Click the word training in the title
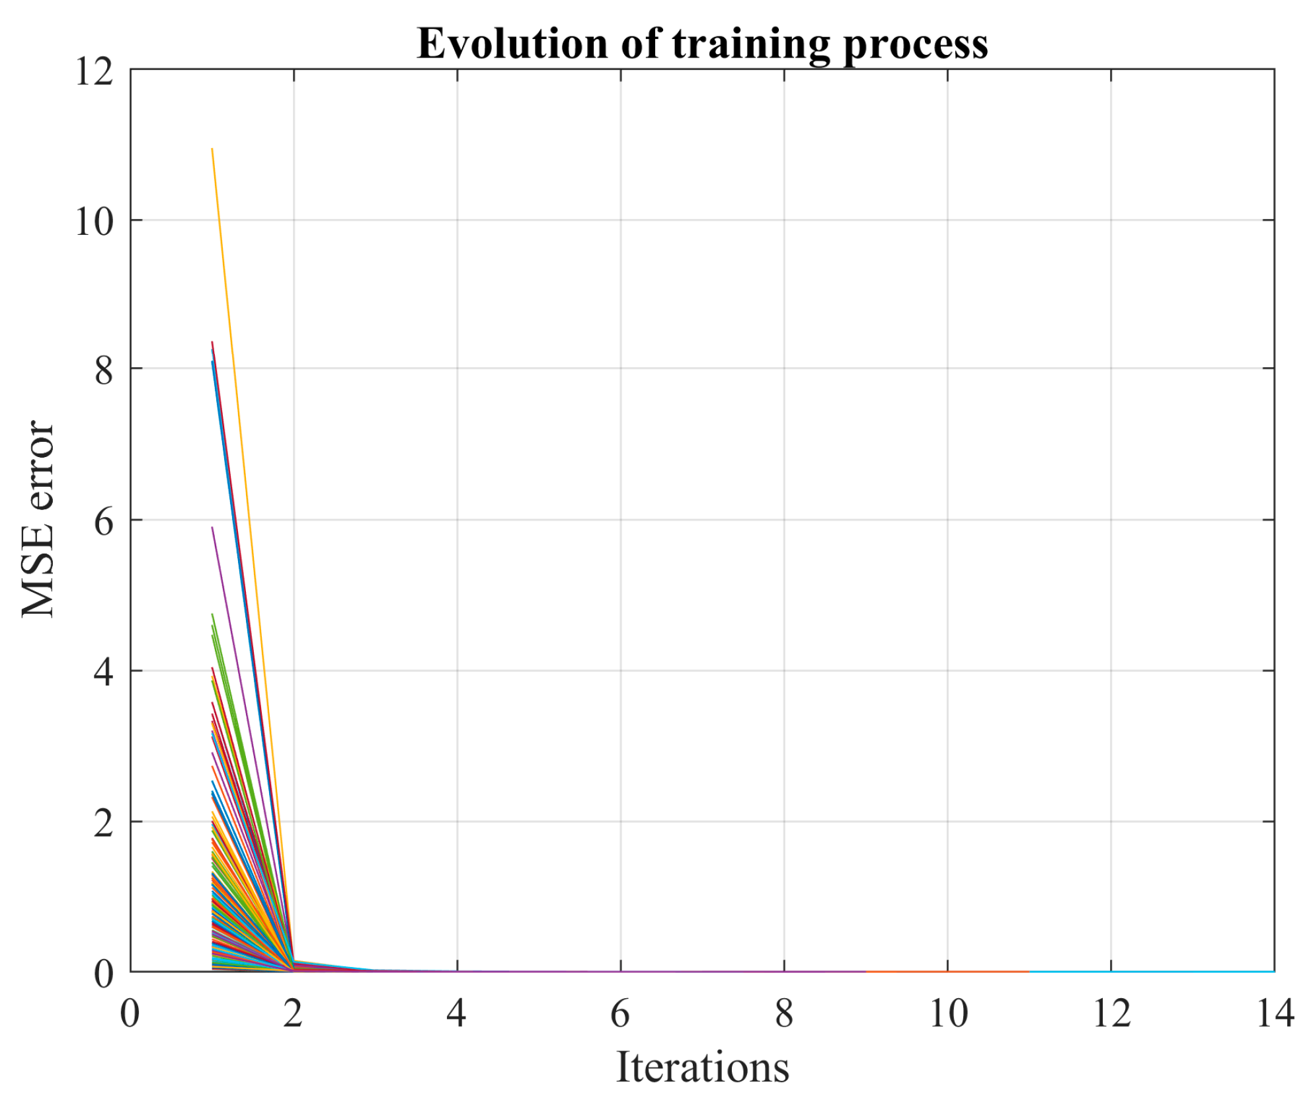click(x=751, y=45)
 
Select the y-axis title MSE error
click(x=38, y=519)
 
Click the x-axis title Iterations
click(x=702, y=1067)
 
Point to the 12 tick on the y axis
click(x=94, y=71)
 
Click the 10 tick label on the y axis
click(x=94, y=221)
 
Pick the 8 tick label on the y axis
click(x=104, y=370)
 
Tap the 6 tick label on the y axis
click(x=104, y=522)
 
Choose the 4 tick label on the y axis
click(x=104, y=672)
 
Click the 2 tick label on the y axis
click(x=104, y=823)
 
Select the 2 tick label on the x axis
click(x=294, y=1013)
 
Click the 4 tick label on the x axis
click(x=457, y=1013)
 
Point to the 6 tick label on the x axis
click(x=620, y=1013)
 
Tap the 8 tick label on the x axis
click(x=784, y=1013)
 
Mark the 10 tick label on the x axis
click(x=948, y=1013)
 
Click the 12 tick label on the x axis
click(x=1111, y=1013)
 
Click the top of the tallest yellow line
click(x=212, y=149)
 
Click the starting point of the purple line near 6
click(x=212, y=527)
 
